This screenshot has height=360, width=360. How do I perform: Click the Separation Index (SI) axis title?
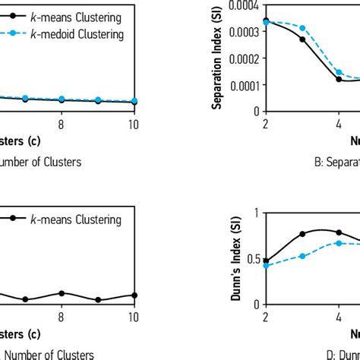(x=216, y=56)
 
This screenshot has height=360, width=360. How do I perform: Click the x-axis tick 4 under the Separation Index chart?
(x=339, y=123)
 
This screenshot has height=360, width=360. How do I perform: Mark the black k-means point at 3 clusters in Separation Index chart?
(x=302, y=39)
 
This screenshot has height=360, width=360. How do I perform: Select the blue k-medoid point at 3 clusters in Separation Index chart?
(x=302, y=28)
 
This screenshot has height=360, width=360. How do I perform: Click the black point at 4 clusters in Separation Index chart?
(x=339, y=79)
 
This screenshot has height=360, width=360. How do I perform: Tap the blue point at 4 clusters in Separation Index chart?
(x=339, y=73)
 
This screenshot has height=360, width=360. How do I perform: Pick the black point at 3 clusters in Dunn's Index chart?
(x=302, y=234)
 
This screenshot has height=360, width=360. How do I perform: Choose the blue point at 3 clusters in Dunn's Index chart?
(x=302, y=256)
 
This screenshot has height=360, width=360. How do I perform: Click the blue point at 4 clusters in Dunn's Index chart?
(x=339, y=243)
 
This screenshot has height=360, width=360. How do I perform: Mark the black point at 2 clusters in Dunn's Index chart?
(x=266, y=261)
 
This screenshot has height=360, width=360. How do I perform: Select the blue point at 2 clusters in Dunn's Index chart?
(x=266, y=266)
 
